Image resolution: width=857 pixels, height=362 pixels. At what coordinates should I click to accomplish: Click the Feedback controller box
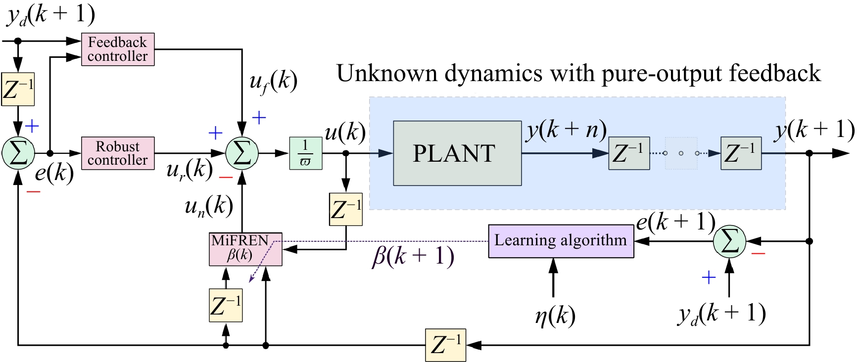click(x=118, y=49)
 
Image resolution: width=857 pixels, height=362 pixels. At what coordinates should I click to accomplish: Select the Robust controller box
click(x=118, y=153)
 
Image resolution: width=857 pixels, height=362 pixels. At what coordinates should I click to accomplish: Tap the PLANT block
click(x=457, y=153)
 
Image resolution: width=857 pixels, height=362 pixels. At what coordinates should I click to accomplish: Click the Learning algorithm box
click(x=561, y=241)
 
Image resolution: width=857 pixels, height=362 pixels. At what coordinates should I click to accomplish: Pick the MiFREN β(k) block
click(x=245, y=249)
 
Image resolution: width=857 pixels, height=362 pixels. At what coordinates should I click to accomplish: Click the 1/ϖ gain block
click(x=305, y=153)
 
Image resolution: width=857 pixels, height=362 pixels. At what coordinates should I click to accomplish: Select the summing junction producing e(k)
click(x=18, y=153)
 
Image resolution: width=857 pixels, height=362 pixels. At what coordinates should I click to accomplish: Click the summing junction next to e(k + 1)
click(x=729, y=241)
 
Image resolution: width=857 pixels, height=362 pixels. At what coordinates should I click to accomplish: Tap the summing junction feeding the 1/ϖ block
click(x=242, y=153)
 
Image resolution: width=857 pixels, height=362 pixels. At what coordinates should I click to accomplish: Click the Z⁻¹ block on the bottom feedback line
click(x=445, y=345)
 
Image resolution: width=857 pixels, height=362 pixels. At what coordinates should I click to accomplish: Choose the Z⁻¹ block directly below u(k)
click(x=346, y=209)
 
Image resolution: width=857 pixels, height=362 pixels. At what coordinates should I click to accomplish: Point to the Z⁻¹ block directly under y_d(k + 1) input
click(x=18, y=89)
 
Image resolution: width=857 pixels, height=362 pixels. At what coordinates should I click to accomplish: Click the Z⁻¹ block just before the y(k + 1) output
click(x=741, y=153)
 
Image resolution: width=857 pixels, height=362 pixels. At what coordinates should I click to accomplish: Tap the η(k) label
click(x=555, y=315)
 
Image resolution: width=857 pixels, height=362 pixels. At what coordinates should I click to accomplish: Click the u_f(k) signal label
click(x=273, y=82)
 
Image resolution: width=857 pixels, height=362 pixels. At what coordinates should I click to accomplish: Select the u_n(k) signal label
click(x=208, y=206)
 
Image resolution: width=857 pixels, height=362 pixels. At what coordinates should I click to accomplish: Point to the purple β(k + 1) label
click(x=413, y=256)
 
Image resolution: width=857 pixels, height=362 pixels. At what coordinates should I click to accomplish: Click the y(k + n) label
click(x=566, y=131)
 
